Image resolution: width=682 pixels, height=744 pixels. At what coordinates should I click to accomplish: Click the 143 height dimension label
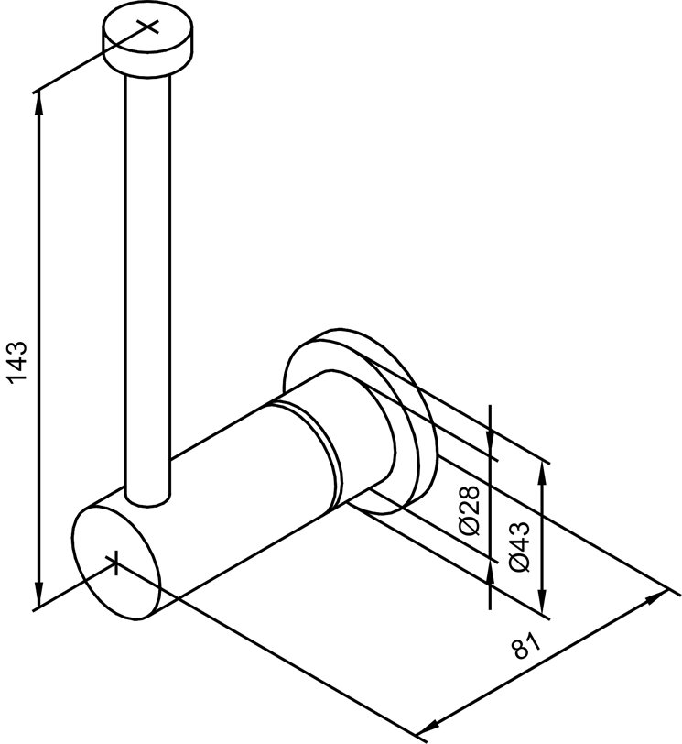coord(20,366)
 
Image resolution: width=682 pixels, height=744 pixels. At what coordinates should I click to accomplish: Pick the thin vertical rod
coord(146,275)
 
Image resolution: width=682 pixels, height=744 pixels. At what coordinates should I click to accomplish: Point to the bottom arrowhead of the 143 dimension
coord(39,600)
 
